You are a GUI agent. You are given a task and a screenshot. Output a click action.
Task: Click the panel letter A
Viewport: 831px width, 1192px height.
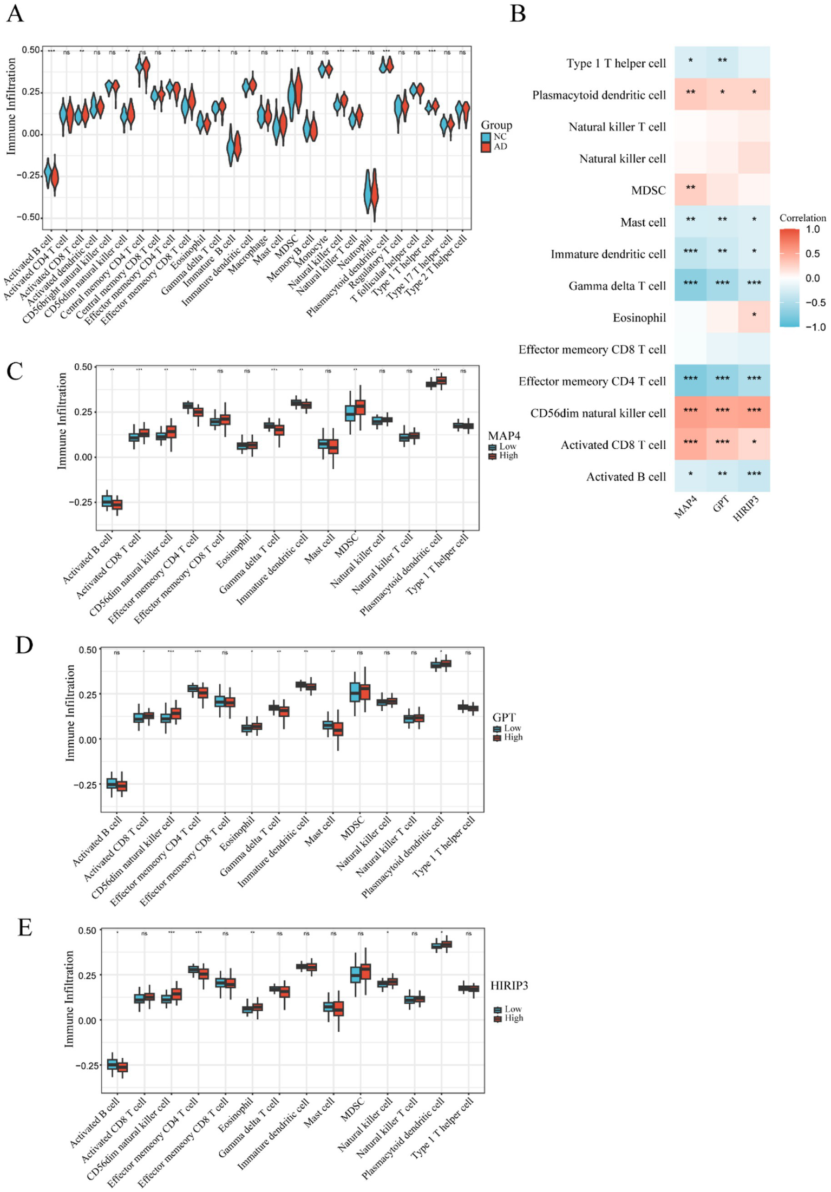coord(15,14)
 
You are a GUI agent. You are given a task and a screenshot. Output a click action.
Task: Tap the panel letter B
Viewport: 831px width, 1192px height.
coord(518,14)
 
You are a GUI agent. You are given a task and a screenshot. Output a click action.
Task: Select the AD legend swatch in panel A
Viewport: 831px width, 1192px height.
coord(486,147)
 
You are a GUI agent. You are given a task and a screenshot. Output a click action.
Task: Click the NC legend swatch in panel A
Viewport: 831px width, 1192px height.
coord(486,137)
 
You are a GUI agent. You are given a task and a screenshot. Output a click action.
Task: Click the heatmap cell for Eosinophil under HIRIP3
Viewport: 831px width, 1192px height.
coord(754,317)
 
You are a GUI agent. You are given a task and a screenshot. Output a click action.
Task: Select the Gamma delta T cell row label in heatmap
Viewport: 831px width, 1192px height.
coord(617,286)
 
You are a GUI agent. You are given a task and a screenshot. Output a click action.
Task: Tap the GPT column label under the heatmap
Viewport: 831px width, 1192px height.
coord(721,504)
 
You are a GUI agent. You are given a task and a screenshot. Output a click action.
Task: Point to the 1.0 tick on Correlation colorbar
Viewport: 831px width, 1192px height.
coord(812,230)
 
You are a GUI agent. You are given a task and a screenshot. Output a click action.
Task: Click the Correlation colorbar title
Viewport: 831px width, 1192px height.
coord(802,218)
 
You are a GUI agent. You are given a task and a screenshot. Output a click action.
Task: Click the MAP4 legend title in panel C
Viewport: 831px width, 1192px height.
coord(503,436)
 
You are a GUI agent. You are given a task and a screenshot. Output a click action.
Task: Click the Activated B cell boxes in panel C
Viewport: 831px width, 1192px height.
coord(112,502)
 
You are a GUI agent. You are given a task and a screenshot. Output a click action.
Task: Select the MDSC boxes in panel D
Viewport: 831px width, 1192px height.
coord(360,692)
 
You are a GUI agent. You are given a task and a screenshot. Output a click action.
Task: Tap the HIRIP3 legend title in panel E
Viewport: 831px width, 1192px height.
coord(509,986)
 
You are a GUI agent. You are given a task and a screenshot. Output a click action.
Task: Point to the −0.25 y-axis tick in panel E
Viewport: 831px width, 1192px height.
coord(86,1065)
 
